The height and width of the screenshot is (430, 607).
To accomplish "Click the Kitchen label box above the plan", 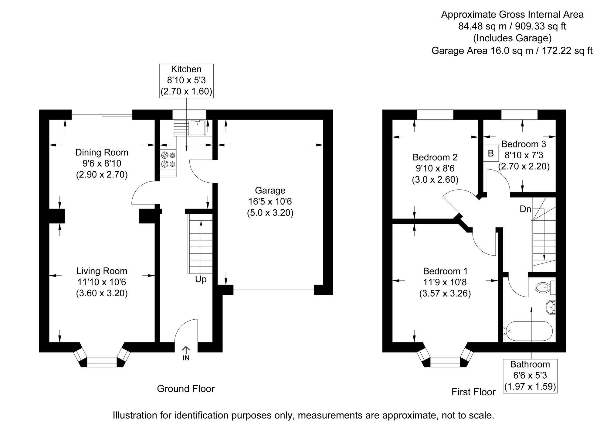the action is coord(186,81).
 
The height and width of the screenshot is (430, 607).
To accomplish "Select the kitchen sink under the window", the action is coord(189,128).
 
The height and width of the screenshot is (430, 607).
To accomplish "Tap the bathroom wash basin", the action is coord(551,307).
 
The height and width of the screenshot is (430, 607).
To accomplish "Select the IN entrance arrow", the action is coord(186,353).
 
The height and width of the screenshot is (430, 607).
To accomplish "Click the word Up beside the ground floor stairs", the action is coord(201,279).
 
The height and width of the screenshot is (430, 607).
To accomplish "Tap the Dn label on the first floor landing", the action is coord(525,209).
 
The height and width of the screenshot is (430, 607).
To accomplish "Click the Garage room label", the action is coord(270,190).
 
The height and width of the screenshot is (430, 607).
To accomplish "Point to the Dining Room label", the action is coord(102,152).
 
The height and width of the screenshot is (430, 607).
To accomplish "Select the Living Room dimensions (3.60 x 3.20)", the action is coord(102,293).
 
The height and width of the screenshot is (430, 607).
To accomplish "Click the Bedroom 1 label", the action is coord(446,271).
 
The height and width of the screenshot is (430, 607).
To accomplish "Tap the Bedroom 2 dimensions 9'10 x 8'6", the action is coord(435,168).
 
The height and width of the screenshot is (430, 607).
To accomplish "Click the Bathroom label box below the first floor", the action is coord(530,376).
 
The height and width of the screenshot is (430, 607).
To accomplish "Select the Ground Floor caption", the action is coord(186,389).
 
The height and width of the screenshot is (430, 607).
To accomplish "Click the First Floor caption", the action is coord(473,392).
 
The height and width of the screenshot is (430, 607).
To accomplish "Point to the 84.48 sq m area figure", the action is coord(483,26).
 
